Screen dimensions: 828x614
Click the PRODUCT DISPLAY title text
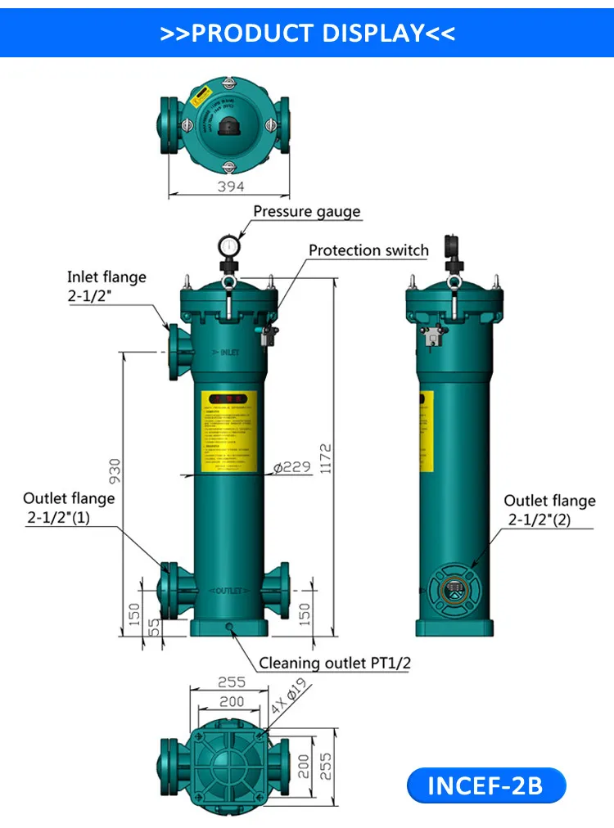point(307,34)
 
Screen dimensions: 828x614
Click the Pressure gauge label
point(306,212)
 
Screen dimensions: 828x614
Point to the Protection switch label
point(368,250)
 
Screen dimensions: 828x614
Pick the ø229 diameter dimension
point(291,467)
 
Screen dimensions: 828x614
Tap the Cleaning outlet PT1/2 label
point(335,663)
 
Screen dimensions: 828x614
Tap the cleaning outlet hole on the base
point(229,627)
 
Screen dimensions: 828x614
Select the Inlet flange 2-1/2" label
point(106,286)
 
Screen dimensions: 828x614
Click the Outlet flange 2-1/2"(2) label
point(549,510)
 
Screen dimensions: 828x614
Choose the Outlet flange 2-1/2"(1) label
point(69,507)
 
